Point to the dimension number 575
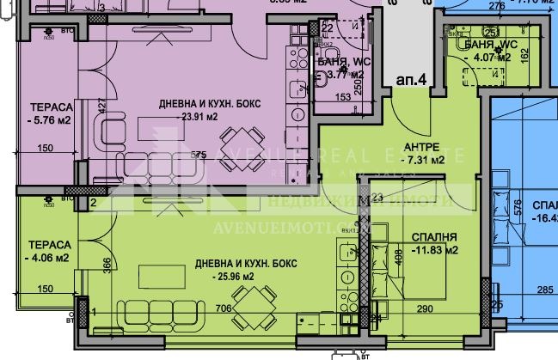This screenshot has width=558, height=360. click(199, 155)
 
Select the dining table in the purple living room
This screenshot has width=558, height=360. click(239, 140)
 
